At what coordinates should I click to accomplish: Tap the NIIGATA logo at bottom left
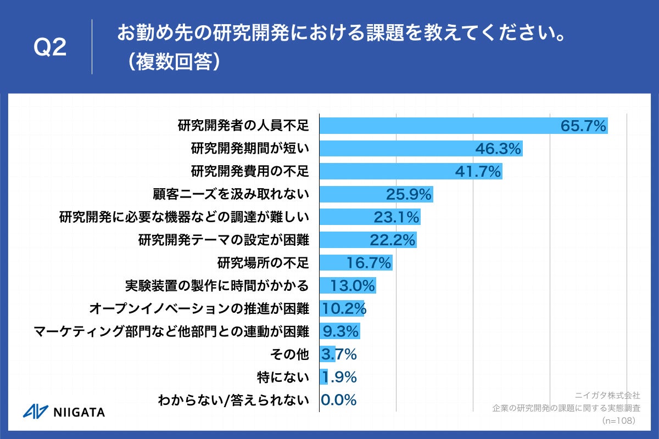click(64, 412)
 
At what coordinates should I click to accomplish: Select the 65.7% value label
click(583, 126)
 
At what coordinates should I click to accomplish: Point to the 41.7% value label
click(478, 172)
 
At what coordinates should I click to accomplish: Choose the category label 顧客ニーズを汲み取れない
click(231, 194)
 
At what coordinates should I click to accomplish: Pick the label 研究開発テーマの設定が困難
click(224, 240)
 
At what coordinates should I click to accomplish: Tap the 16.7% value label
click(368, 263)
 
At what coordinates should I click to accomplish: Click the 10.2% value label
click(344, 308)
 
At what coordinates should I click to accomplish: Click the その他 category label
click(293, 354)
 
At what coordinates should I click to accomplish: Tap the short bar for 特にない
click(323, 377)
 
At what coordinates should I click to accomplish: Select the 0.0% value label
click(338, 399)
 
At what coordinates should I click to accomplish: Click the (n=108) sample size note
click(618, 420)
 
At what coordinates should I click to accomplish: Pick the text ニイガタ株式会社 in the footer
click(607, 395)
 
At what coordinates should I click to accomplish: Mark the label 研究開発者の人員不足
click(243, 126)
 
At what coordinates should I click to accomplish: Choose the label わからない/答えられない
click(233, 400)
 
